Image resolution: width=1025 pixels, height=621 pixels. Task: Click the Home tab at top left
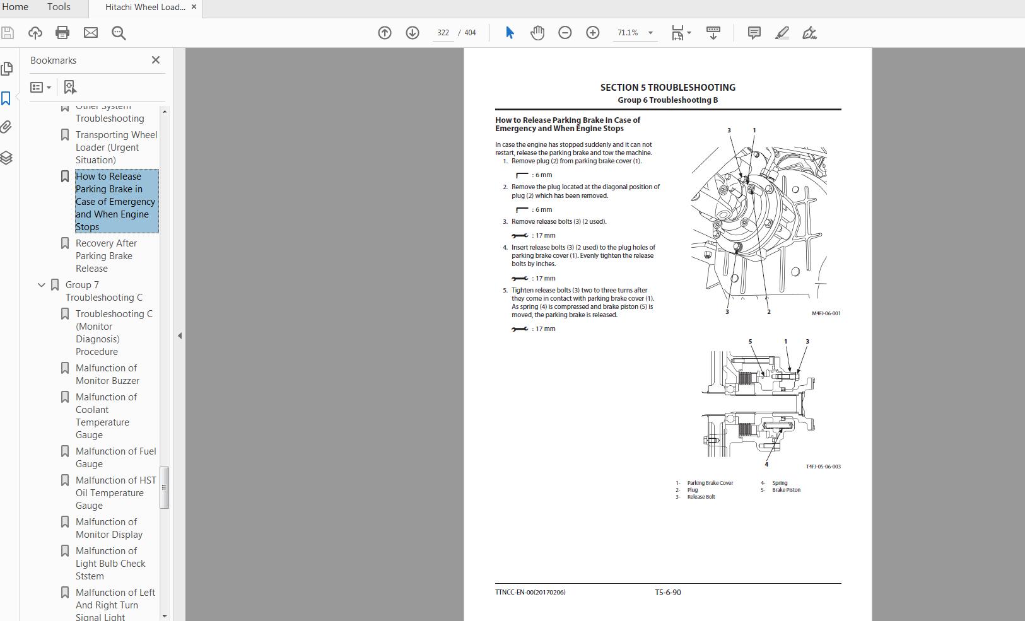click(x=15, y=7)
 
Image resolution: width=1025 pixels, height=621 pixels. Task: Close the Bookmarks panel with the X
click(x=156, y=60)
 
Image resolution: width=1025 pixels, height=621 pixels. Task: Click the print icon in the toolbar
click(x=62, y=33)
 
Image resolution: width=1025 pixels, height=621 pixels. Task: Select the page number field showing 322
click(x=443, y=33)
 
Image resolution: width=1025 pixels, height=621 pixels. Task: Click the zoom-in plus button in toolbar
click(x=592, y=33)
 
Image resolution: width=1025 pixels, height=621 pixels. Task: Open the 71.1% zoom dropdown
click(x=650, y=33)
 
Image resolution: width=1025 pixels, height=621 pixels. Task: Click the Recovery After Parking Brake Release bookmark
click(x=106, y=255)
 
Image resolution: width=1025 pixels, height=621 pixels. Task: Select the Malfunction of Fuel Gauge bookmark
click(x=115, y=457)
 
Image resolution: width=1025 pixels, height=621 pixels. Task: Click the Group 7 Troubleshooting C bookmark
click(x=103, y=291)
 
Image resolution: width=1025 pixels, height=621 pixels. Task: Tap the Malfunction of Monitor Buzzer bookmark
click(x=107, y=374)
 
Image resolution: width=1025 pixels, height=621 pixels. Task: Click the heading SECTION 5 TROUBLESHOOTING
click(x=667, y=88)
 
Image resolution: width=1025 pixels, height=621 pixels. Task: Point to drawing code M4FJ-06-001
click(x=826, y=313)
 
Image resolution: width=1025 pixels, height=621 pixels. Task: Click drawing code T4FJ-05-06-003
click(x=823, y=467)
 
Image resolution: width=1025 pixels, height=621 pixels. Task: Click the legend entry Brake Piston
click(x=786, y=490)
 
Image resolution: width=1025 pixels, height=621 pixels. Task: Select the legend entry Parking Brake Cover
click(x=710, y=483)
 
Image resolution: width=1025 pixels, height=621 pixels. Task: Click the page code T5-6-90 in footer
click(x=667, y=592)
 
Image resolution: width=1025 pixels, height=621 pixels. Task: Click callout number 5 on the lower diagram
click(x=750, y=342)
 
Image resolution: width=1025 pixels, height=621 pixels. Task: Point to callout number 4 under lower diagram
click(x=766, y=465)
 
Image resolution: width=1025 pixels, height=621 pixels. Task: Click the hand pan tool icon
click(x=537, y=33)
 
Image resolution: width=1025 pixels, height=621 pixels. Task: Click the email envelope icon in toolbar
click(x=91, y=33)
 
